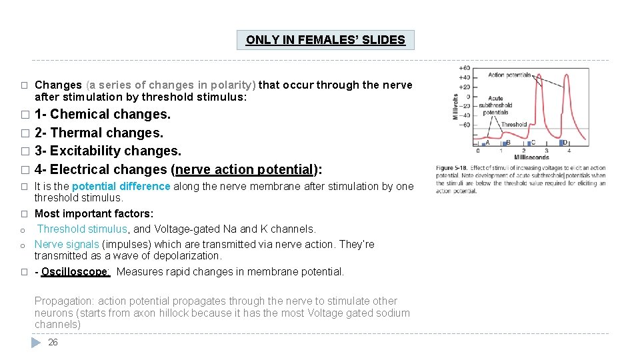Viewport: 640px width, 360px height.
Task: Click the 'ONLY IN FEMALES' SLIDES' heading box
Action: point(325,40)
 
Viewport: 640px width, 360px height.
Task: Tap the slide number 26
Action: point(53,342)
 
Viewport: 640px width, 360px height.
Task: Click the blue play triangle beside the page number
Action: point(37,342)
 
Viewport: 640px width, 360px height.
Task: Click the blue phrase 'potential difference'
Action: point(121,187)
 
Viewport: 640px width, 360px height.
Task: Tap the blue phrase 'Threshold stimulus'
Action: point(82,229)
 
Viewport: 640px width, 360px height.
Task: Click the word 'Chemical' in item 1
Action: point(83,114)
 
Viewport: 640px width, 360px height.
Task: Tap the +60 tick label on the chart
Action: point(464,67)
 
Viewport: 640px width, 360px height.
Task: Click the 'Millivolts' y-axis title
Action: point(456,106)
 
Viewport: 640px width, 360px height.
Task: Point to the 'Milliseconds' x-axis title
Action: point(532,157)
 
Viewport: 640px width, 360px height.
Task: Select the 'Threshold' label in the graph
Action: point(514,125)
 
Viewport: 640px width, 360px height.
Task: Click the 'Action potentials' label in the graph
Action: point(510,75)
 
